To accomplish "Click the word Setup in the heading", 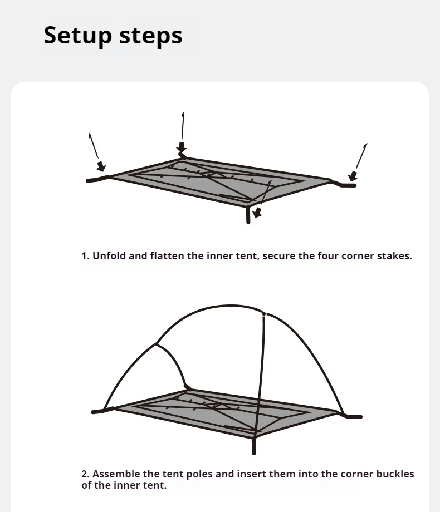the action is click(77, 35).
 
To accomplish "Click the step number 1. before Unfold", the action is click(85, 255).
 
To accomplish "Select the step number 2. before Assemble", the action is click(86, 474).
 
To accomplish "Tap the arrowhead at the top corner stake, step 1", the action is click(182, 147).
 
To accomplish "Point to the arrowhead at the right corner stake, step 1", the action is click(353, 176).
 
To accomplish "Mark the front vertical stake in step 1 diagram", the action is click(248, 215).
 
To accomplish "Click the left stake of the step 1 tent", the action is click(97, 179).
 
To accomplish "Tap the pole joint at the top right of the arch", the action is click(264, 314).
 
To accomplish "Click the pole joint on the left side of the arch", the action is click(157, 344).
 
